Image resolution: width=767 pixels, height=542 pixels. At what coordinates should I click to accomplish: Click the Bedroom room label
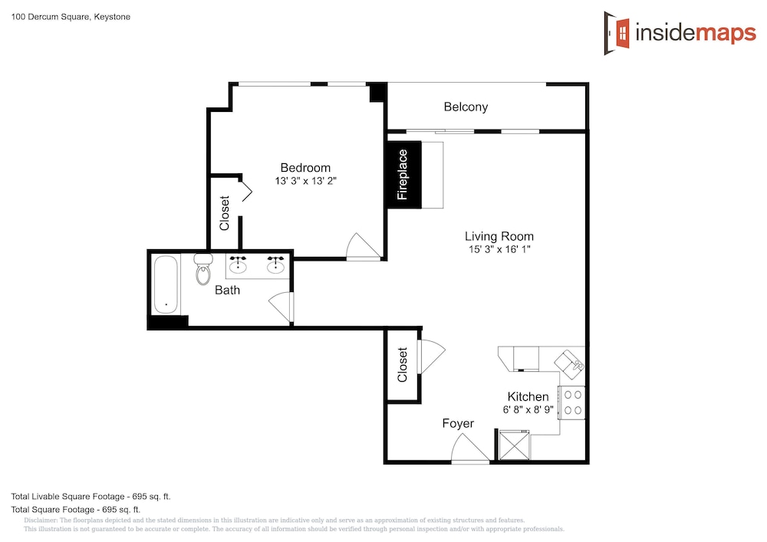(x=305, y=168)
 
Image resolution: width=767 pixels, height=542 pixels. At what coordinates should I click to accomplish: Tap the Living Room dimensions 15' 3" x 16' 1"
(x=499, y=249)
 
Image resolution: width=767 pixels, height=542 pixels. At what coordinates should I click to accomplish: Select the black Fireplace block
(x=404, y=175)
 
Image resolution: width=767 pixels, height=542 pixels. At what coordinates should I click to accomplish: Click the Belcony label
(x=466, y=107)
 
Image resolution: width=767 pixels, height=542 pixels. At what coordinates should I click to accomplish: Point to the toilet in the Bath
(x=203, y=269)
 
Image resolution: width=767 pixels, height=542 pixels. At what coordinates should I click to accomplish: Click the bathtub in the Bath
(x=166, y=285)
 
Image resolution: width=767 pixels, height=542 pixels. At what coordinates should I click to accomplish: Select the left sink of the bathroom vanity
(x=239, y=264)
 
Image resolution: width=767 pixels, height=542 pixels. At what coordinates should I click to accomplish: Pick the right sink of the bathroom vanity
(x=275, y=264)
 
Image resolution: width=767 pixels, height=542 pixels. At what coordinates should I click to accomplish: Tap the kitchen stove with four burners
(x=572, y=402)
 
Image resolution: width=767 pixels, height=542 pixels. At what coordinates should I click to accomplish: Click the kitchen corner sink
(x=570, y=364)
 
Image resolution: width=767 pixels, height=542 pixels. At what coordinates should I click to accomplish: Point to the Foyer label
(x=458, y=423)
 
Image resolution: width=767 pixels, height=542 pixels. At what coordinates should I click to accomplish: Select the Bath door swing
(x=281, y=307)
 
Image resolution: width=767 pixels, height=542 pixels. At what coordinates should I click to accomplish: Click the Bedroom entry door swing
(x=363, y=246)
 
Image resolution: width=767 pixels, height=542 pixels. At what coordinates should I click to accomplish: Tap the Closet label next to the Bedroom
(x=225, y=213)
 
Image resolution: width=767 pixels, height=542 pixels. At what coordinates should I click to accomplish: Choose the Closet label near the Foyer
(x=403, y=365)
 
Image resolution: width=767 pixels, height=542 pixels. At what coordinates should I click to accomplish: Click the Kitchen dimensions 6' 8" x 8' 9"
(x=528, y=409)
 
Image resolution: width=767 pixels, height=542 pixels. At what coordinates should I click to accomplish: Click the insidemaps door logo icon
(x=617, y=33)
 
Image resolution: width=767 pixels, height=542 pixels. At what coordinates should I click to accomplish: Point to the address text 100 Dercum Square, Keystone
(x=71, y=17)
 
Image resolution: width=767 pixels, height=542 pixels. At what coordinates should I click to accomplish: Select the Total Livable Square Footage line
(x=91, y=497)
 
